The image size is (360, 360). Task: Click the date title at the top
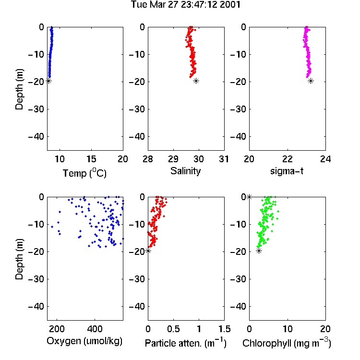(185, 4)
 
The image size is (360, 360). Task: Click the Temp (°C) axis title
(84, 173)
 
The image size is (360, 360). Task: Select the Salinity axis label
(185, 171)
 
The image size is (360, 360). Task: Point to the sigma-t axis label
(287, 171)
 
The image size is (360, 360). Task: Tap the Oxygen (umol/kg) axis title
(84, 341)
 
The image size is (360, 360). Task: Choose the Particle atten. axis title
(185, 343)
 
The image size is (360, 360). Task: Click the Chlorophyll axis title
(287, 343)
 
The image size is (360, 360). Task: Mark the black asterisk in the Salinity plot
(196, 81)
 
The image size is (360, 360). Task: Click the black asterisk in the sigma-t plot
(311, 81)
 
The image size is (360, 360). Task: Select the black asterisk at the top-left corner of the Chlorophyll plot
(249, 197)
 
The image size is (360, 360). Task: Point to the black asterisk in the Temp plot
(48, 81)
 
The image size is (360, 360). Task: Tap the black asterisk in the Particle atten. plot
(148, 251)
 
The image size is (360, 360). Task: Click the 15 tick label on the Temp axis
(91, 159)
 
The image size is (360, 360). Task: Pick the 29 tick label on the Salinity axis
(173, 159)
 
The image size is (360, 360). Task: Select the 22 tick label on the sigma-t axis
(288, 159)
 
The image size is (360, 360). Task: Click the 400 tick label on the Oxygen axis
(95, 329)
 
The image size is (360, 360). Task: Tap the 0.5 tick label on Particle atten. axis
(173, 329)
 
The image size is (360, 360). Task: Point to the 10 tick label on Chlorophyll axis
(288, 329)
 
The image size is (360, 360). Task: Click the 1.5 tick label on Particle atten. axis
(224, 329)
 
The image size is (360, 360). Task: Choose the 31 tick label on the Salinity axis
(224, 159)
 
